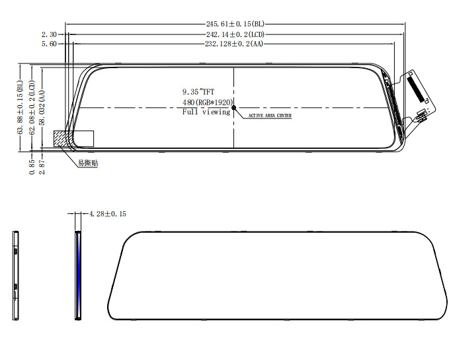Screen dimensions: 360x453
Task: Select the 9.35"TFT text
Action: [x=198, y=91]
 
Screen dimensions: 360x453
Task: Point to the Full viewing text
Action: [x=206, y=112]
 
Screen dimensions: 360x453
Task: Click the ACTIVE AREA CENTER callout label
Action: [x=269, y=116]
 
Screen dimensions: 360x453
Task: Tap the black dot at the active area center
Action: [x=233, y=108]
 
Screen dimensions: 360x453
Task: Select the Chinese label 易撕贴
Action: [x=87, y=163]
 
